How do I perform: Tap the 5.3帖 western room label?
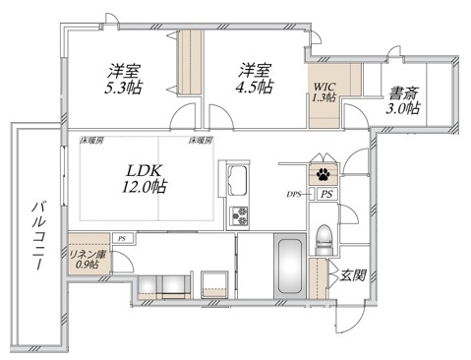pyautogui.click(x=125, y=78)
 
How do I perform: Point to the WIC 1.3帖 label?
pyautogui.click(x=324, y=91)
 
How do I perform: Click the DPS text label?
pyautogui.click(x=294, y=195)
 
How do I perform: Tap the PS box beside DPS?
pyautogui.click(x=325, y=195)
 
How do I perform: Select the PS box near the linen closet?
pyautogui.click(x=121, y=238)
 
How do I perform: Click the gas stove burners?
pyautogui.click(x=239, y=216)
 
